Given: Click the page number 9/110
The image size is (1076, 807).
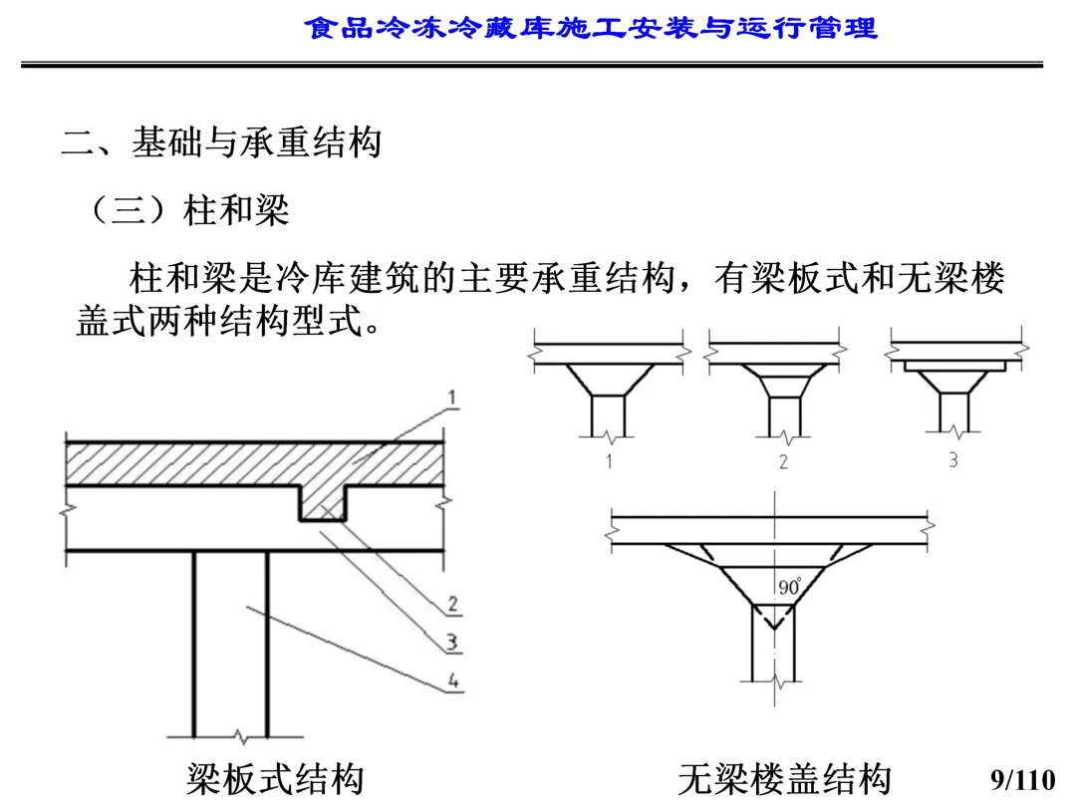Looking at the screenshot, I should (1022, 778).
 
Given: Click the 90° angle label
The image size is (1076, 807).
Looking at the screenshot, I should (789, 588).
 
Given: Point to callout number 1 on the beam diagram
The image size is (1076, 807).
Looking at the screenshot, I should (451, 399).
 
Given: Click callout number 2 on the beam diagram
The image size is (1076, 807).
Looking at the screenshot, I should (452, 604).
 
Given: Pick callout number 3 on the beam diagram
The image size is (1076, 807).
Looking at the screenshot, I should (452, 643).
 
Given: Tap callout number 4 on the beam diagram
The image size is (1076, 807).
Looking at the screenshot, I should (452, 682).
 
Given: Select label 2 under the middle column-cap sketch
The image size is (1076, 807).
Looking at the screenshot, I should (783, 461).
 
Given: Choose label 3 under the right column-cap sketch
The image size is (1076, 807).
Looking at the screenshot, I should (952, 460).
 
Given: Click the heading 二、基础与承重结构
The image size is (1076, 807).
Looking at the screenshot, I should (221, 142).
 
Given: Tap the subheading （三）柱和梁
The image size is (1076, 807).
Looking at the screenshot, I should (188, 210).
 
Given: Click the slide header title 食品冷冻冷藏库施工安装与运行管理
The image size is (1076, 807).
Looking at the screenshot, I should (591, 27).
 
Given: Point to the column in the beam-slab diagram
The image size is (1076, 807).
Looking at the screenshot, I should (230, 638).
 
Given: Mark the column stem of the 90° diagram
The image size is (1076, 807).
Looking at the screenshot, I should (772, 648).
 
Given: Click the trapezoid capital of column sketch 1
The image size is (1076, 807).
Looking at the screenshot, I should (608, 380).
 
